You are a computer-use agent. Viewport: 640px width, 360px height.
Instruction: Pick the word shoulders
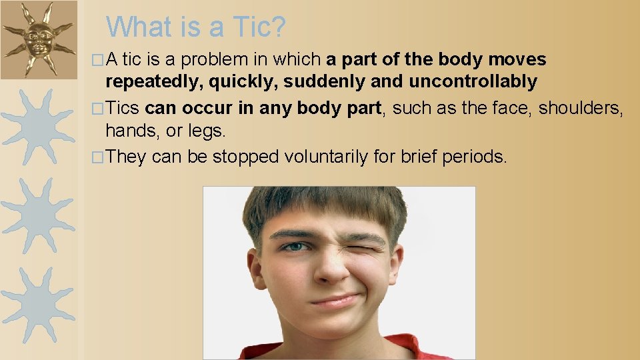coord(581,107)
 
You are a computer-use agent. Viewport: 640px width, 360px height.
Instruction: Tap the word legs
coord(208,131)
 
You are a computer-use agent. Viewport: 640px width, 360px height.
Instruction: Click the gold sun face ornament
coord(38,39)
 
